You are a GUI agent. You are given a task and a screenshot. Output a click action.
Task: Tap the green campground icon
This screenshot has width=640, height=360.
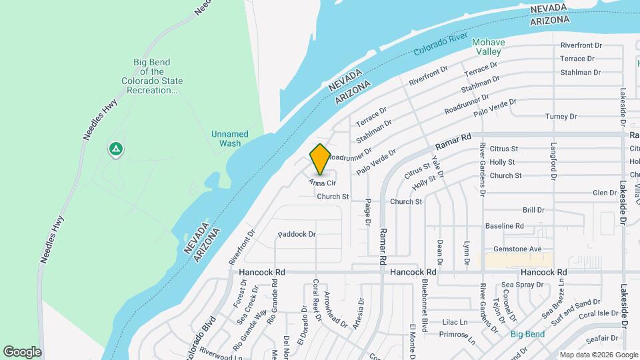tap(116, 149)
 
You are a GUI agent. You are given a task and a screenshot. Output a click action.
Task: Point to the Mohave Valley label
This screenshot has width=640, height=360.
tap(489, 47)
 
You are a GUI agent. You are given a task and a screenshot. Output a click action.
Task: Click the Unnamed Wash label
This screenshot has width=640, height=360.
tap(229, 139)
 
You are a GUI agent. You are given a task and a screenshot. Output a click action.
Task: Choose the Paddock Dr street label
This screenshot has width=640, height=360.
tap(297, 235)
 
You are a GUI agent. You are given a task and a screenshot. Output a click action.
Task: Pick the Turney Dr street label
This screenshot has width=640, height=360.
tap(561, 117)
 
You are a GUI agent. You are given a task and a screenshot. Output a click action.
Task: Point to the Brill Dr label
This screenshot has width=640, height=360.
tap(533, 210)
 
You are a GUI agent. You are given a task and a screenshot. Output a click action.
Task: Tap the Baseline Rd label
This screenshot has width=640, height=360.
tap(504, 227)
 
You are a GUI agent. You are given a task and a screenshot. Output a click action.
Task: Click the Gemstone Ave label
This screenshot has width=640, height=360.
tap(517, 249)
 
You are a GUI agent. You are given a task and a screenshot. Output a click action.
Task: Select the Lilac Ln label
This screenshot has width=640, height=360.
tap(455, 321)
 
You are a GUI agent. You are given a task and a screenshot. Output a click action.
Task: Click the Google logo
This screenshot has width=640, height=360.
tap(22, 352)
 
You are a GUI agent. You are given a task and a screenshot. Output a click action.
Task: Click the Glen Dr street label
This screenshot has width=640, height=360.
tap(605, 193)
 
